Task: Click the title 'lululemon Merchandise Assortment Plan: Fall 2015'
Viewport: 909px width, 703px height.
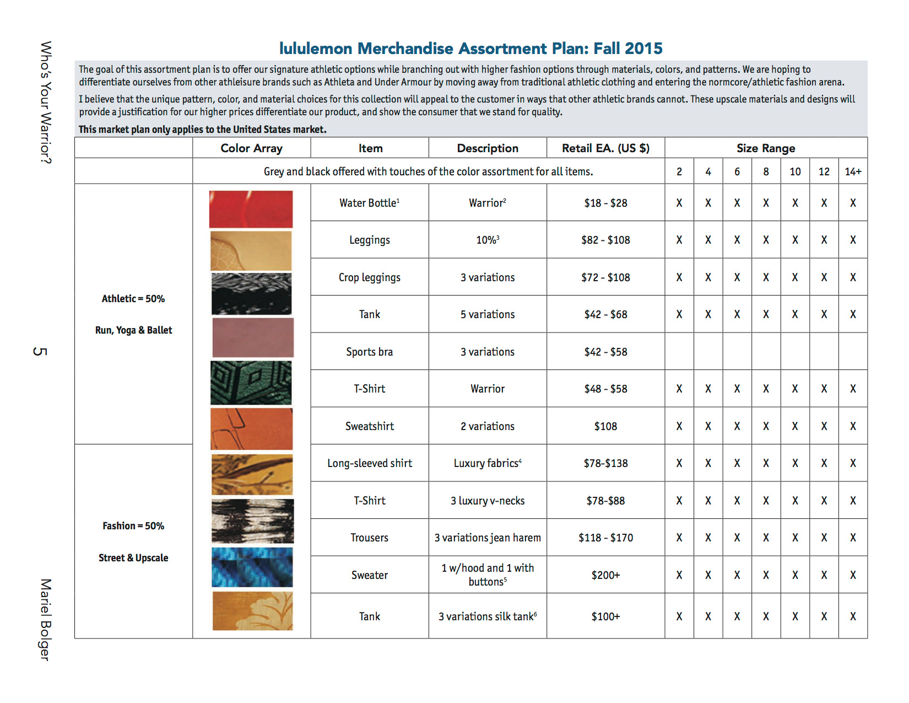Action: tap(470, 49)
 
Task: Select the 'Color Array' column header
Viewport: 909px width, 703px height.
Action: tap(251, 148)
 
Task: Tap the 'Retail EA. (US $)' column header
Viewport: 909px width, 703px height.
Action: tap(605, 148)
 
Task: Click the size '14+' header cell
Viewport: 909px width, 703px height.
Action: tap(853, 171)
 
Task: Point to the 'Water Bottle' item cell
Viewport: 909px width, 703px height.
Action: tap(369, 203)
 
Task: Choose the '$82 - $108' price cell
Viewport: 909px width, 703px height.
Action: tap(605, 240)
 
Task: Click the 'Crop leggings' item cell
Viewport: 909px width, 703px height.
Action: tap(369, 277)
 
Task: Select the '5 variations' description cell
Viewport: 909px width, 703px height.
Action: tap(488, 314)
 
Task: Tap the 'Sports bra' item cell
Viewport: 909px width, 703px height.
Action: tap(369, 352)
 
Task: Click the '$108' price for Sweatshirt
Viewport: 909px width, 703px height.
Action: tap(605, 426)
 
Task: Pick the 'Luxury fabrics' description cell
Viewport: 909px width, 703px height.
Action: tap(488, 463)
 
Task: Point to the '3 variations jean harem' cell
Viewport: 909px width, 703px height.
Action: tap(488, 538)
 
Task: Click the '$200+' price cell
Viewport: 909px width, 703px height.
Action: tap(605, 575)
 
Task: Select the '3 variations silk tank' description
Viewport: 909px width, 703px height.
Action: tap(488, 616)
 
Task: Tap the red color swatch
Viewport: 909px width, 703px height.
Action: tap(251, 209)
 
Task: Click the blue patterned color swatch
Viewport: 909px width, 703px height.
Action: tap(252, 567)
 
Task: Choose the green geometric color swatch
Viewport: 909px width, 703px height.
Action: tap(251, 383)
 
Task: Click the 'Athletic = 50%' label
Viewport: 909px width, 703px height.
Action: tap(133, 299)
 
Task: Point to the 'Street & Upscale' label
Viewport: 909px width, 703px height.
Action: tap(133, 558)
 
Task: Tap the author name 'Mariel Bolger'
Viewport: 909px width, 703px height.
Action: tap(45, 619)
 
